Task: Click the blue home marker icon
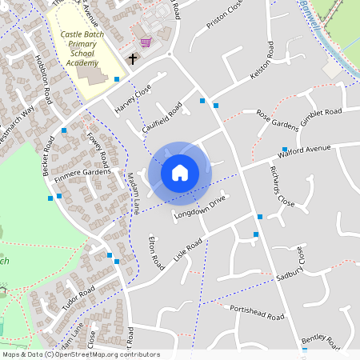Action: pyautogui.click(x=180, y=173)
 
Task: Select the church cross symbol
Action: pyautogui.click(x=133, y=59)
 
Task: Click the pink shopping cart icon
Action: pyautogui.click(x=145, y=42)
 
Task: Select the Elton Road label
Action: pyautogui.click(x=156, y=252)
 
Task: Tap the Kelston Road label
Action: pyautogui.click(x=262, y=62)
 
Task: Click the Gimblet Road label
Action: pyautogui.click(x=321, y=115)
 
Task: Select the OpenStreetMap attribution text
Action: pyautogui.click(x=80, y=354)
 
